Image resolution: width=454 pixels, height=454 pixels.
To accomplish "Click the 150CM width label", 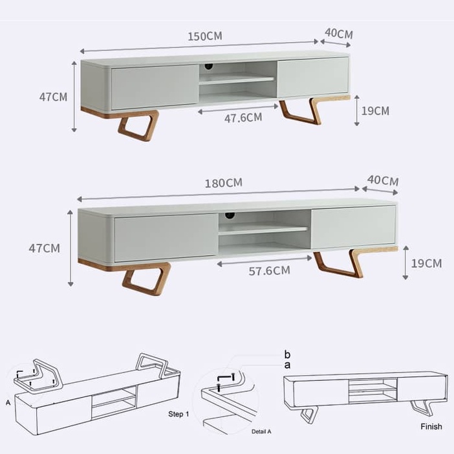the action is [205, 36].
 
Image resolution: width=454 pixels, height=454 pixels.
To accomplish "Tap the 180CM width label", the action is [224, 183].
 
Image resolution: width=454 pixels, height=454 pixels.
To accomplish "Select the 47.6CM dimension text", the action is [243, 118].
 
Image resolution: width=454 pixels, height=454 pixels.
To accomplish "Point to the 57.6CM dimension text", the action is [269, 270].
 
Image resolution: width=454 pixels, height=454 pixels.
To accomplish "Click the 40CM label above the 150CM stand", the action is [339, 34].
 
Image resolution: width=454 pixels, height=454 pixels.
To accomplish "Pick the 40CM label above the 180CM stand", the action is [383, 180].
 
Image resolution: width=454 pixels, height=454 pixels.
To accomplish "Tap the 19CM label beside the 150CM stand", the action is [375, 111].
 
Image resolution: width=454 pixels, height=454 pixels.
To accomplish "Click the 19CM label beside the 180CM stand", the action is [426, 263].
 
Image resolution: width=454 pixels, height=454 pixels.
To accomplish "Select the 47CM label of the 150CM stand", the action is [53, 97].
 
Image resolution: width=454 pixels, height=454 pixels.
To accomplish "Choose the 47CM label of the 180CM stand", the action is [44, 248].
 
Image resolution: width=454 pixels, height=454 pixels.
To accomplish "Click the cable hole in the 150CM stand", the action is [208, 67].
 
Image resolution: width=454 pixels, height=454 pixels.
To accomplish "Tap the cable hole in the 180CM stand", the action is [230, 215].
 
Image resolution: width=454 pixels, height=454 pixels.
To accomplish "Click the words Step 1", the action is [178, 414].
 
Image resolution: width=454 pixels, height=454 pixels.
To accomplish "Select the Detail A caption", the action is [261, 431].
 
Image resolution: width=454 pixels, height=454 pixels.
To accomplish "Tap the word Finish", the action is [431, 426].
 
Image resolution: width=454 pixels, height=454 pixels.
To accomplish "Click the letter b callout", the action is [287, 354].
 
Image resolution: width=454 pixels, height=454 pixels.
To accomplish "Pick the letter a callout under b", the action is [287, 365].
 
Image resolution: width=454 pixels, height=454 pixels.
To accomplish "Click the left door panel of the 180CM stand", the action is [166, 238].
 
